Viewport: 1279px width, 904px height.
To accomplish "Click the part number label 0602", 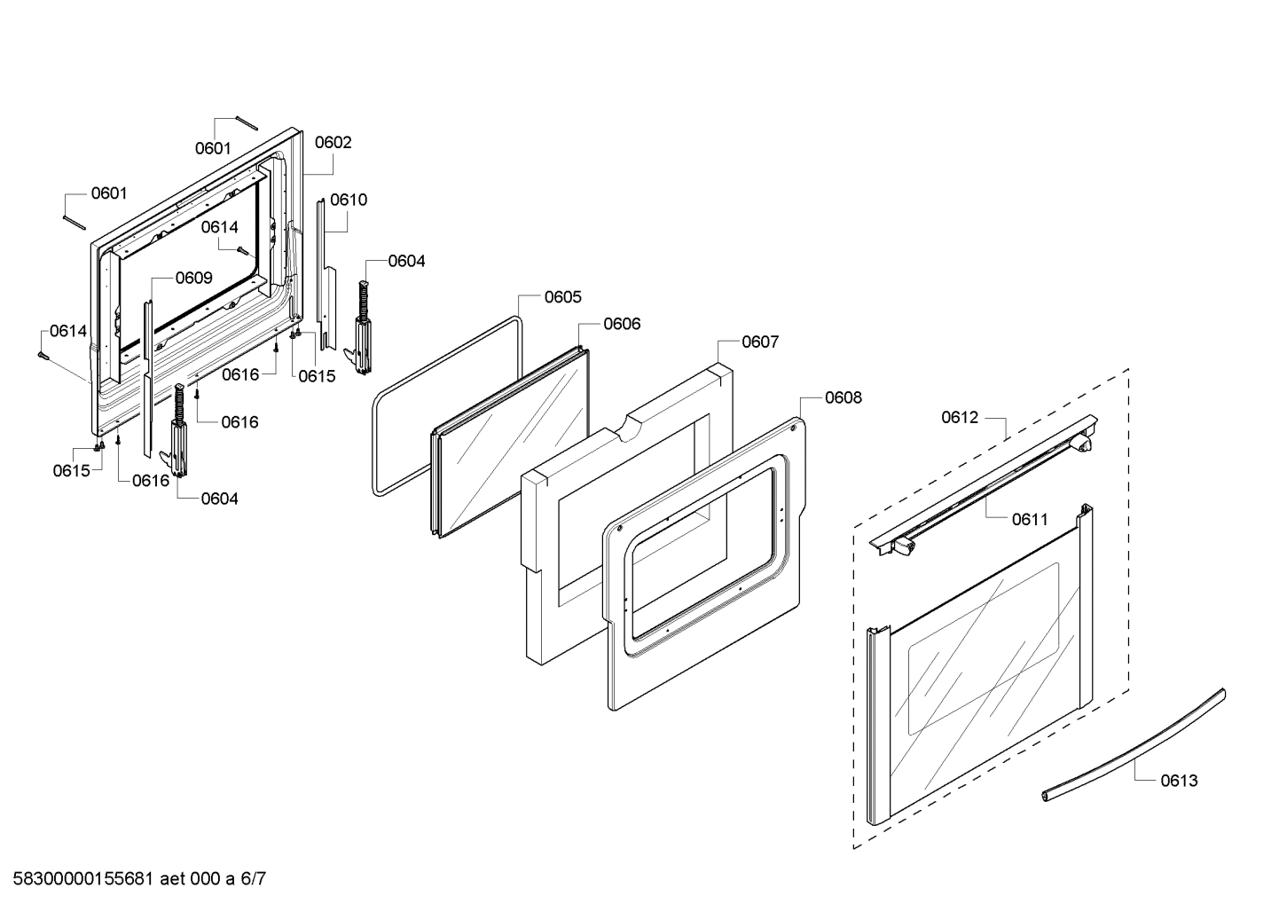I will [x=333, y=142].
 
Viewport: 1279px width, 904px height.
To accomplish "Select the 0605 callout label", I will [x=563, y=297].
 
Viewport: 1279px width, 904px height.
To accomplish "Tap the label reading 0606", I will [x=622, y=324].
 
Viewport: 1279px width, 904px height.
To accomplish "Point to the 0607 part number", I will [x=760, y=342].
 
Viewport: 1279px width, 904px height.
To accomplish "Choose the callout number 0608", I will [x=843, y=397].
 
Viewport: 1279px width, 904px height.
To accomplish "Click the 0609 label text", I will [x=193, y=278].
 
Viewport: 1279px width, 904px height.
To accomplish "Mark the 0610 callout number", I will [x=349, y=200].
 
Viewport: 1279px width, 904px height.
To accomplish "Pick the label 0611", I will [x=1030, y=520].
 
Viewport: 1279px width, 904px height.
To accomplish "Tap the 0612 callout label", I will [x=960, y=417].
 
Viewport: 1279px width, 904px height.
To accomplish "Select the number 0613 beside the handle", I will [x=1179, y=781].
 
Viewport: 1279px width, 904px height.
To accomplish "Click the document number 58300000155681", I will [x=79, y=880].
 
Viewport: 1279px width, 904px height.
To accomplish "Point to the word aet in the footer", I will [x=175, y=880].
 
